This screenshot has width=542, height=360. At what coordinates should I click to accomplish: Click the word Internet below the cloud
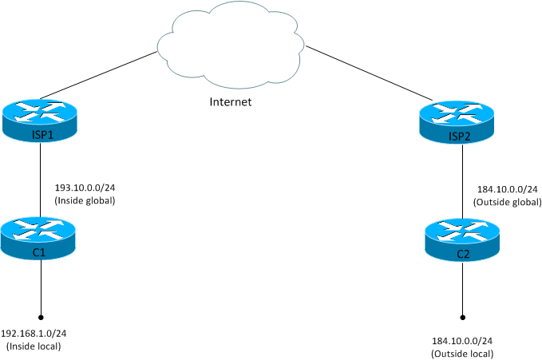point(230,101)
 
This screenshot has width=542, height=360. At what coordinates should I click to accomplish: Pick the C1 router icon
point(40,236)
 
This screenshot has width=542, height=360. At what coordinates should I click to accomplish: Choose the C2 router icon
point(462,238)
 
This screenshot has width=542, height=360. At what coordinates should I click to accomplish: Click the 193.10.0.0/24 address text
point(85,188)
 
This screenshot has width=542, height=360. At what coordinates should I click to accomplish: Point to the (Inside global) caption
point(85,200)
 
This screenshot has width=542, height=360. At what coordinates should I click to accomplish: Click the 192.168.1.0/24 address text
point(33,334)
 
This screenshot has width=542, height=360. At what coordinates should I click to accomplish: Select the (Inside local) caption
point(33,346)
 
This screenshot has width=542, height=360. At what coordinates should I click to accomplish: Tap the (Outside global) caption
point(506,203)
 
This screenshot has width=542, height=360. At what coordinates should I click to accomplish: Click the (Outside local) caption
point(462,353)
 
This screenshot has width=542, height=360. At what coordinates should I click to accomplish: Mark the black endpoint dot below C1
point(40,314)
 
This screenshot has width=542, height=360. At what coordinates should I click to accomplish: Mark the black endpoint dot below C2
point(462,315)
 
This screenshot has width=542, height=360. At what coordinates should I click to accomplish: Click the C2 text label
point(462,253)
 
